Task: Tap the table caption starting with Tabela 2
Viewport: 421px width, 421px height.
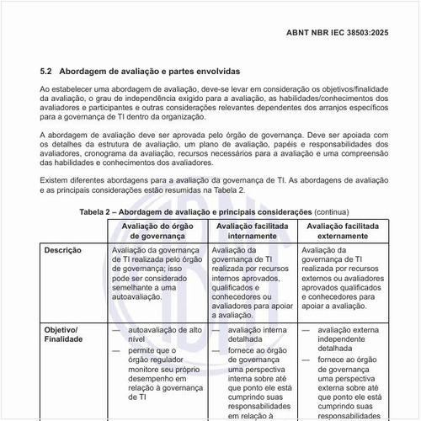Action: point(195,211)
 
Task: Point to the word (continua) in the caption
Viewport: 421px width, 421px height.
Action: point(331,211)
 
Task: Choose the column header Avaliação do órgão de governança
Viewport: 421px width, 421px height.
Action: point(157,232)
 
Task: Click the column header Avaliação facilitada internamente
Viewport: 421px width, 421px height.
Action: point(253,232)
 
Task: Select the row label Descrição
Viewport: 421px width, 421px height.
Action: point(62,250)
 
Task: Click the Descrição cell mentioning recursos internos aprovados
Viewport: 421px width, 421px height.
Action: point(253,285)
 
